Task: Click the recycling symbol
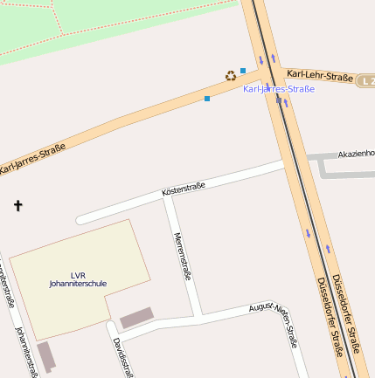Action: [x=231, y=76]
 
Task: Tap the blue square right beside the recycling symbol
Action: [x=243, y=71]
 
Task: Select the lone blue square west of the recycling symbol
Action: [x=207, y=99]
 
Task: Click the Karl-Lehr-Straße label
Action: [x=319, y=76]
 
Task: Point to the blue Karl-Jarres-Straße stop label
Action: [x=278, y=89]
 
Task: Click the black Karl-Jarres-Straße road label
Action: [x=33, y=157]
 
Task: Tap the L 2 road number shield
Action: [x=367, y=81]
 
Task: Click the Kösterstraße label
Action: [x=184, y=188]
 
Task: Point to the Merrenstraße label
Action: [x=183, y=256]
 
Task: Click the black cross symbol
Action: [x=17, y=206]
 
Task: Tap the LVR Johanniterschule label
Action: [x=78, y=279]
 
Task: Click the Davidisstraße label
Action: [x=123, y=358]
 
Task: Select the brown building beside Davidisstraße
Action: [x=135, y=319]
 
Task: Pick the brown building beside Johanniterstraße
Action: [x=45, y=356]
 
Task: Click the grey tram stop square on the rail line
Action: [x=279, y=100]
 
